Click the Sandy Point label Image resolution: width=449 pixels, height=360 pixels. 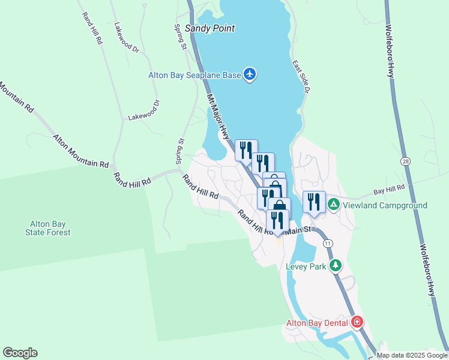point(209,28)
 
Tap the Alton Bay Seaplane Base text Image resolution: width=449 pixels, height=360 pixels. point(194,75)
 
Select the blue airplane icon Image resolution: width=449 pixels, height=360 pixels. point(250,74)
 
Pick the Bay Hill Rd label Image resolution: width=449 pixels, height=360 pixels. point(389,191)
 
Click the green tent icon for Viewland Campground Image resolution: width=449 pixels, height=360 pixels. point(334,205)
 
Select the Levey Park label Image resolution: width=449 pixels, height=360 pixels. point(306,266)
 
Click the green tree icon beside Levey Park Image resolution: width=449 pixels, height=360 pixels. point(336,265)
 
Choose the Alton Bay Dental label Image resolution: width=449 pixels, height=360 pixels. point(316,322)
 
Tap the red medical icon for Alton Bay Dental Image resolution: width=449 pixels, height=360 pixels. point(357,322)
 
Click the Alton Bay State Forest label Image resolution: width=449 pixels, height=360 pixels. point(50,228)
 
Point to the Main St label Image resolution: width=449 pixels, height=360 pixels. point(300,229)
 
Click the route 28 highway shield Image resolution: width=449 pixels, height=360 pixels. point(406,162)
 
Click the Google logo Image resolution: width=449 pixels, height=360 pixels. point(20,353)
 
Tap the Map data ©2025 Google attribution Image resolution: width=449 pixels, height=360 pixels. point(411,355)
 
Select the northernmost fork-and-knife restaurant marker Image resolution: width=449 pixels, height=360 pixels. point(246,149)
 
